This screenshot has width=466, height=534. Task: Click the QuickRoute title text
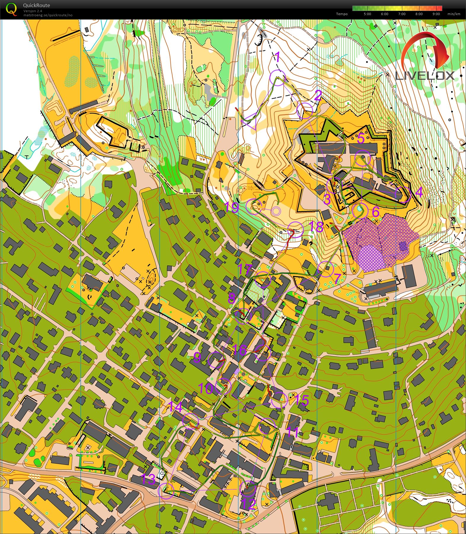(x=36, y=5)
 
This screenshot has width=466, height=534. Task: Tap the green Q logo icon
(x=11, y=9)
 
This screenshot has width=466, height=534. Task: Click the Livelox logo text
(x=424, y=76)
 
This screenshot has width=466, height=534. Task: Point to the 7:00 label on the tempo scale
(x=402, y=14)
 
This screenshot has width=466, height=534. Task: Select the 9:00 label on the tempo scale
(x=436, y=14)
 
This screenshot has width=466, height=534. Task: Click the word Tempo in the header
(x=342, y=14)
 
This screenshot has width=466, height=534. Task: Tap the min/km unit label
(x=454, y=14)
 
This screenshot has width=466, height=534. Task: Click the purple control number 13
(x=148, y=479)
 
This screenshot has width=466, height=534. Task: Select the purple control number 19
(x=232, y=207)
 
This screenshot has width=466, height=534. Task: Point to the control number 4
(x=419, y=192)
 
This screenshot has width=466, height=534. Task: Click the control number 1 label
(x=278, y=57)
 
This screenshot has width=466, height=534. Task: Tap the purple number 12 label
(x=249, y=504)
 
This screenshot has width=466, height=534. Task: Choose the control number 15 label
(x=301, y=400)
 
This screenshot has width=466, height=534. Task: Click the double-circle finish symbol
(x=276, y=211)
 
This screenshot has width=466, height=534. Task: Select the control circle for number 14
(x=190, y=420)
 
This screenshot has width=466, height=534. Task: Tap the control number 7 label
(x=338, y=278)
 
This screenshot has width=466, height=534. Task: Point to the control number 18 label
(x=316, y=227)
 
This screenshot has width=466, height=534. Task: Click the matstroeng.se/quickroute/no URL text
(x=48, y=15)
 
